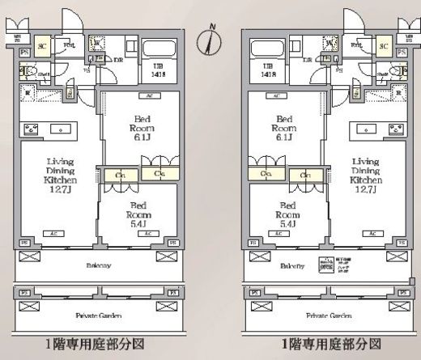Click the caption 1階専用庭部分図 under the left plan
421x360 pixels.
[98, 343]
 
